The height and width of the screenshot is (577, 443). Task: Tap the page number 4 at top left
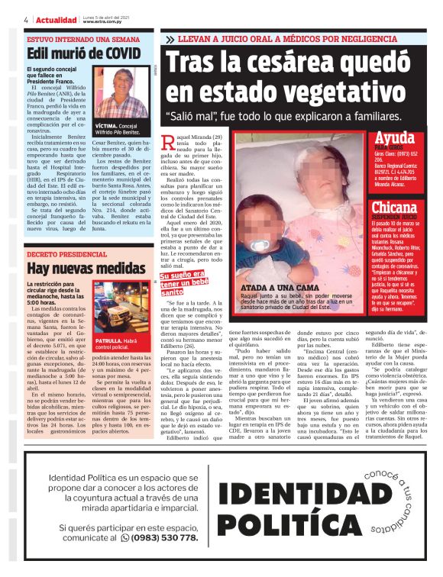[x=26, y=20]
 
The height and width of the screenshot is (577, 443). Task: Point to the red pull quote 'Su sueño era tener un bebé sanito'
[x=183, y=284]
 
